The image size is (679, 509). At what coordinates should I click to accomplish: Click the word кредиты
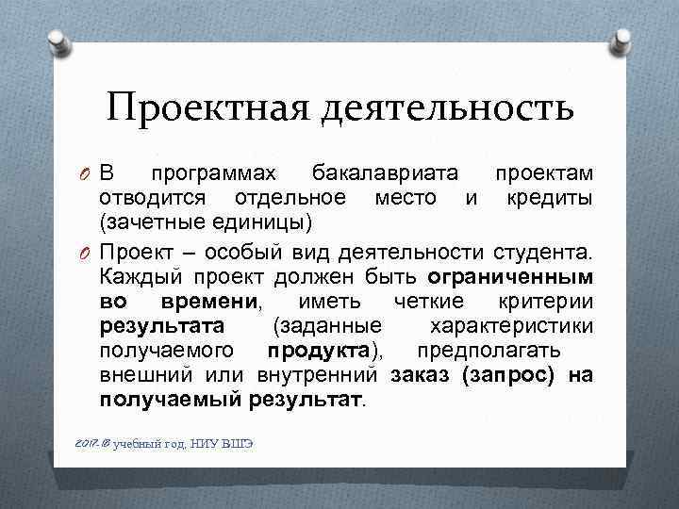pos(550,198)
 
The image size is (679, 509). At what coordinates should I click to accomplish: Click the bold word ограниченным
pos(510,278)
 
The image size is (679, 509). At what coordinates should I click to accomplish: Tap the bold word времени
pos(208,303)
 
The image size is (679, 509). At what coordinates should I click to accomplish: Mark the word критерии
pos(546,303)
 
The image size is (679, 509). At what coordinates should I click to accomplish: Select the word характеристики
pos(511,327)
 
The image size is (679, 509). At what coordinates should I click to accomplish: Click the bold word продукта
pos(318,352)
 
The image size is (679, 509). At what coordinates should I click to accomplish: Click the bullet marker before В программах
pos(85,174)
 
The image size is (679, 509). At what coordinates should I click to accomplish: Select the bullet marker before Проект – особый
pos(85,254)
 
